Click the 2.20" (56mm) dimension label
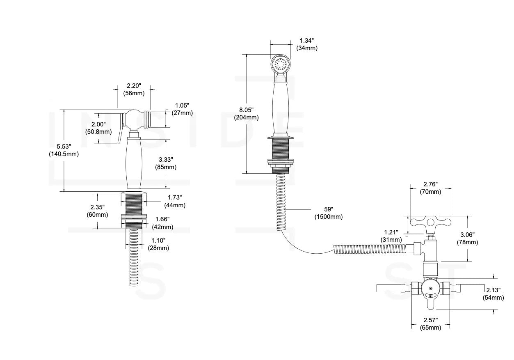[x=133, y=89]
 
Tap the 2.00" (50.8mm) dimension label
[x=98, y=128]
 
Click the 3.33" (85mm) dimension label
[x=166, y=163]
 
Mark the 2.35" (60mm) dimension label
[x=97, y=211]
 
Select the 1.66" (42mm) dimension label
[x=162, y=223]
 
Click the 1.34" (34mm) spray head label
[x=307, y=44]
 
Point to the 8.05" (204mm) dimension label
[x=247, y=114]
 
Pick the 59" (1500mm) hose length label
[x=328, y=213]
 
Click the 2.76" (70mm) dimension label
[x=430, y=188]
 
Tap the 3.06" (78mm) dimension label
[x=467, y=238]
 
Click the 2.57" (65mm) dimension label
[x=430, y=323]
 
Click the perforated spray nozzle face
[x=281, y=64]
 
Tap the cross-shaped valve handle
[x=430, y=225]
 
